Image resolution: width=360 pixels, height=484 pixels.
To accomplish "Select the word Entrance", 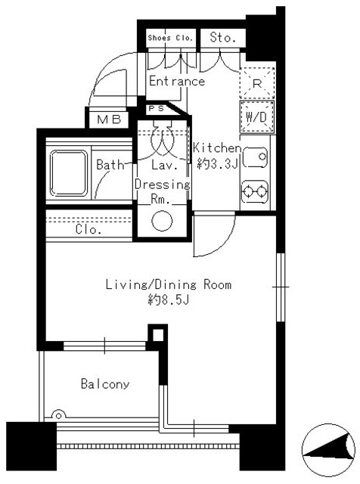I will (x=177, y=82).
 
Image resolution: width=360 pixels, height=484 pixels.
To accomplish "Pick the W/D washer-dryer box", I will (x=256, y=117).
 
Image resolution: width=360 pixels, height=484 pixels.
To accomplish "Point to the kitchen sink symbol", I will (x=256, y=157).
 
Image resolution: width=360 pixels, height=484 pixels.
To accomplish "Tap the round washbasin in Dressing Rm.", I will (x=162, y=221).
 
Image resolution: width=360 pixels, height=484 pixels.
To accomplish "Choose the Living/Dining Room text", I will (x=167, y=285).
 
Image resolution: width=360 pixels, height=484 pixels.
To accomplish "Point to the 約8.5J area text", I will (x=166, y=300).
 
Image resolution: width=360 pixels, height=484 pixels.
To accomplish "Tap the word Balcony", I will (x=105, y=384).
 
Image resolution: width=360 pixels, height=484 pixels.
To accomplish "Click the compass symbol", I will (x=327, y=455).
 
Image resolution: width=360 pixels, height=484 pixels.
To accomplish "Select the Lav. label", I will (x=163, y=164).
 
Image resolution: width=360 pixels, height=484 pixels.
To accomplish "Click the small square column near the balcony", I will (x=156, y=334).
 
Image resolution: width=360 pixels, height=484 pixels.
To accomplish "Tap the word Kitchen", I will (x=217, y=147).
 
